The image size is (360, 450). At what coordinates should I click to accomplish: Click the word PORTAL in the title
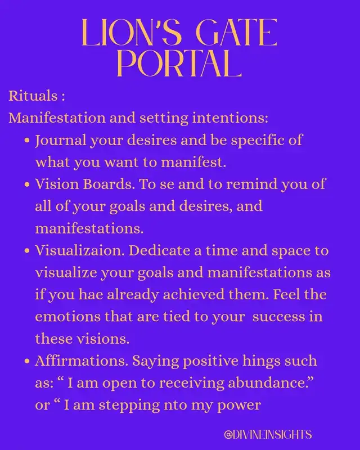tap(179, 64)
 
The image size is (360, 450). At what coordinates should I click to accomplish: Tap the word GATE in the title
tap(238, 33)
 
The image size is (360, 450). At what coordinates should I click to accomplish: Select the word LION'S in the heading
tap(132, 33)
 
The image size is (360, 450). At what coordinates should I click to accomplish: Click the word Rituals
tap(33, 96)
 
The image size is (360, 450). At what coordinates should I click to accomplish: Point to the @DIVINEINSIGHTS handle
tap(268, 434)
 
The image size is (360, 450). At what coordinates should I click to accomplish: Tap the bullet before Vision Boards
tap(27, 184)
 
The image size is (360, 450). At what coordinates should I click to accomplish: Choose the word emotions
tap(67, 317)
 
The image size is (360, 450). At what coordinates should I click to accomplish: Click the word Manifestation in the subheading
tap(57, 118)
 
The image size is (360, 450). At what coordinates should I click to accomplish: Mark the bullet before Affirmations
tap(27, 361)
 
